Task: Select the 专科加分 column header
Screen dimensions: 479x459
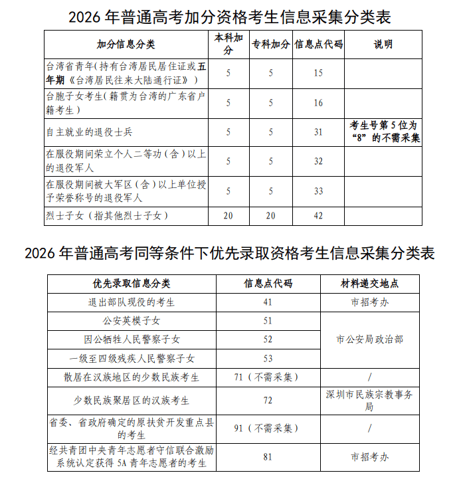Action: [270, 45]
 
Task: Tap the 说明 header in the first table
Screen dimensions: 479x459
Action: [383, 45]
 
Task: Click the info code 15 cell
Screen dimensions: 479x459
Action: [318, 73]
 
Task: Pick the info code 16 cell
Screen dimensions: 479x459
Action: [318, 103]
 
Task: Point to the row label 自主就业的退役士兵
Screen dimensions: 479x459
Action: [90, 132]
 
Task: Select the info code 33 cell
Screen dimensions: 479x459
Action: [318, 191]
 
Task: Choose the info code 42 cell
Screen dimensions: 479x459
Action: [318, 215]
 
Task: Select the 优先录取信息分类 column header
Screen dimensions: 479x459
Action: [132, 283]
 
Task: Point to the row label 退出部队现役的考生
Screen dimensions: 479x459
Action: [132, 302]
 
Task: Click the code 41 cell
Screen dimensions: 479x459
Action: [268, 302]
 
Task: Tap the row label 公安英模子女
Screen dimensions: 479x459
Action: [132, 321]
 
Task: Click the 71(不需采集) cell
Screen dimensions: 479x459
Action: [268, 377]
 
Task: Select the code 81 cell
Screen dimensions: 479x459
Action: [268, 457]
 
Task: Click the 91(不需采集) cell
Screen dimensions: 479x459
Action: [268, 429]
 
